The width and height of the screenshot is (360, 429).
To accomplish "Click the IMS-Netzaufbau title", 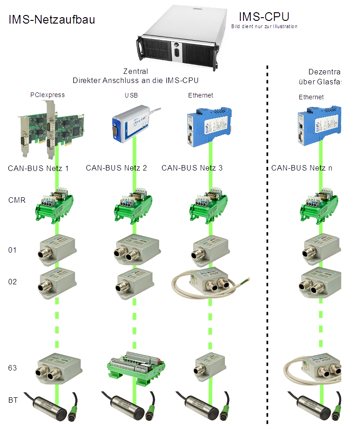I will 52,20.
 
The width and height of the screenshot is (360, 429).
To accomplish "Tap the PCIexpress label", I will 48,95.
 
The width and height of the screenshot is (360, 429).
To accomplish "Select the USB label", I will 131,96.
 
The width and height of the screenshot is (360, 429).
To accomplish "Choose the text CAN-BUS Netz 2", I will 117,168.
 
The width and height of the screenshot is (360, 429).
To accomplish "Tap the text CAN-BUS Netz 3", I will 192,168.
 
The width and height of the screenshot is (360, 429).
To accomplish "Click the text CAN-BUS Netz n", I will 302,168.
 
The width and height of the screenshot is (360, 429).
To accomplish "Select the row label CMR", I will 16,200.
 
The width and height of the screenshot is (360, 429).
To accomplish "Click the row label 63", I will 12,368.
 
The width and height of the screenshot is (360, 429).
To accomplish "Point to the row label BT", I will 13,400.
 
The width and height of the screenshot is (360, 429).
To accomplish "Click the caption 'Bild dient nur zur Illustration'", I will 264,27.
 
